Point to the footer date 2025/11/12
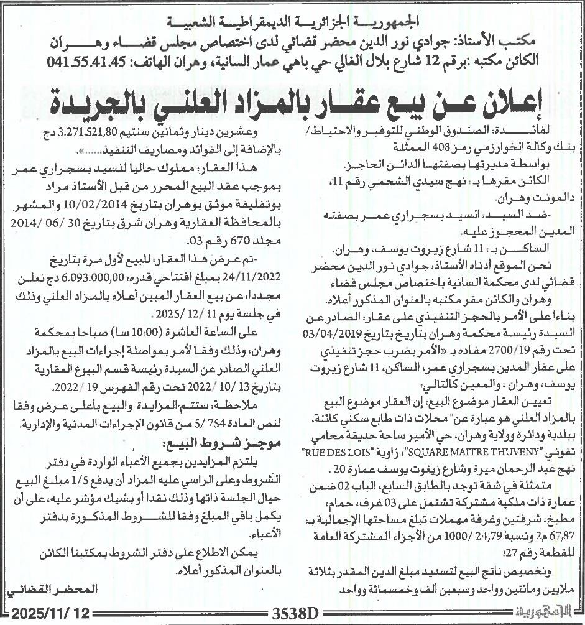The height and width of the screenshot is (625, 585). coord(48,613)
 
